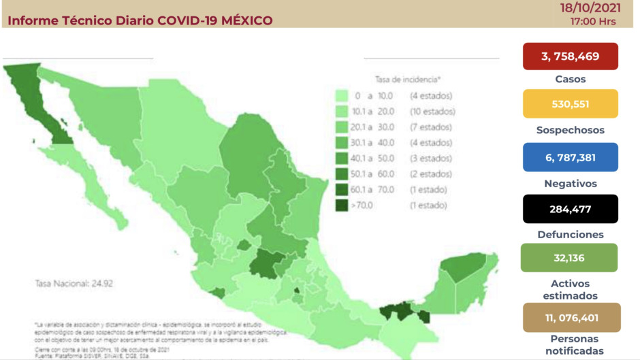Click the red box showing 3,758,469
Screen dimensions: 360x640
coord(571,56)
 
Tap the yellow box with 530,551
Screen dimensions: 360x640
coord(571,104)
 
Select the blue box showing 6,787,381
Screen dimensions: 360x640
coord(571,157)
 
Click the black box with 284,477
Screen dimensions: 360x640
coord(571,209)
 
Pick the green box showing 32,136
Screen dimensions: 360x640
coord(571,258)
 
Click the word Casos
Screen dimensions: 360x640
coord(571,79)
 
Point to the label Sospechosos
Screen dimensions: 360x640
coord(571,130)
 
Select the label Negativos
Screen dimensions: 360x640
coord(571,184)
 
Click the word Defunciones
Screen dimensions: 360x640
coord(571,234)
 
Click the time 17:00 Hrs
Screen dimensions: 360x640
coord(593,21)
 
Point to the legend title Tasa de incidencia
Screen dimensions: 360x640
coord(407,80)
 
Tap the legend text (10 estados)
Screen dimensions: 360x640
coord(432,112)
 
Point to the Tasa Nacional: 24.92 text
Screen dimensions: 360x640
coord(74,282)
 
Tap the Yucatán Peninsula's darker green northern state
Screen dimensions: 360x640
coord(464,267)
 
